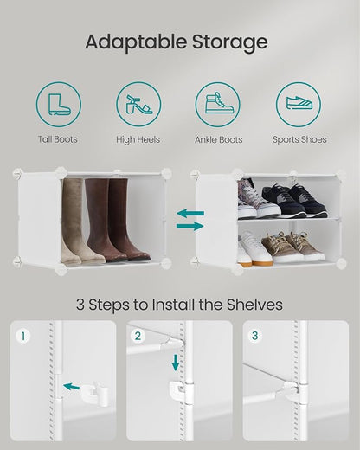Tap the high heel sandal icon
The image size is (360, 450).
coord(138,105)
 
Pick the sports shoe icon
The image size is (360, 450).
coord(299,103)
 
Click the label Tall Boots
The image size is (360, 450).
coord(58,139)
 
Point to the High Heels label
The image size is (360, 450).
coord(138,139)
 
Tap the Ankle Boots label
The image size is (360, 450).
coord(219,139)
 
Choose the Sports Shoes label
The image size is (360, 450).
coord(299,139)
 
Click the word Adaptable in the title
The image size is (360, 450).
coord(136,42)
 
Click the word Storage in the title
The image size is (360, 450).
coord(230,42)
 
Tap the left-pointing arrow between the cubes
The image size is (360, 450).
coord(190,214)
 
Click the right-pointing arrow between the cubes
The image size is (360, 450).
coord(190,226)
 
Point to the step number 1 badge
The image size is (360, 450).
coord(22,336)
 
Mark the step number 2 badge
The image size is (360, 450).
coord(138,336)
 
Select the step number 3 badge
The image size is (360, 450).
coord(254,336)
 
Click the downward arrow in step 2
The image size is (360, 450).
coord(176,363)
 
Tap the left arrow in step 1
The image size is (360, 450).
coord(71,386)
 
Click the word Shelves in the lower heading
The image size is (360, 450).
coord(254,305)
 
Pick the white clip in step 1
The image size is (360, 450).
coord(94,394)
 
